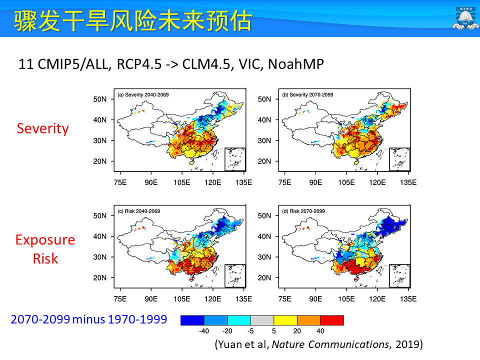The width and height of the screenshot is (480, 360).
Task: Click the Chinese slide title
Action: click(x=132, y=20)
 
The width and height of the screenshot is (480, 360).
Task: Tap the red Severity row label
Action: click(x=42, y=128)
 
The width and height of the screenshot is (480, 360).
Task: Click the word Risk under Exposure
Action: click(x=45, y=258)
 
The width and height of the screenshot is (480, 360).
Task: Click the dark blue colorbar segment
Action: click(x=192, y=320)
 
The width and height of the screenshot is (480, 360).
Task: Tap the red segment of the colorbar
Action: click(x=332, y=320)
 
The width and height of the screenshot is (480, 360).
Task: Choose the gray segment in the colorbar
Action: click(x=262, y=320)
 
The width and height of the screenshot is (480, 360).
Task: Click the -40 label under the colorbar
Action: click(x=203, y=330)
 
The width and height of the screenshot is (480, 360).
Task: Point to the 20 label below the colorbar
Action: click(x=297, y=330)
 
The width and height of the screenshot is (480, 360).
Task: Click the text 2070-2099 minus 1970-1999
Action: click(x=88, y=319)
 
